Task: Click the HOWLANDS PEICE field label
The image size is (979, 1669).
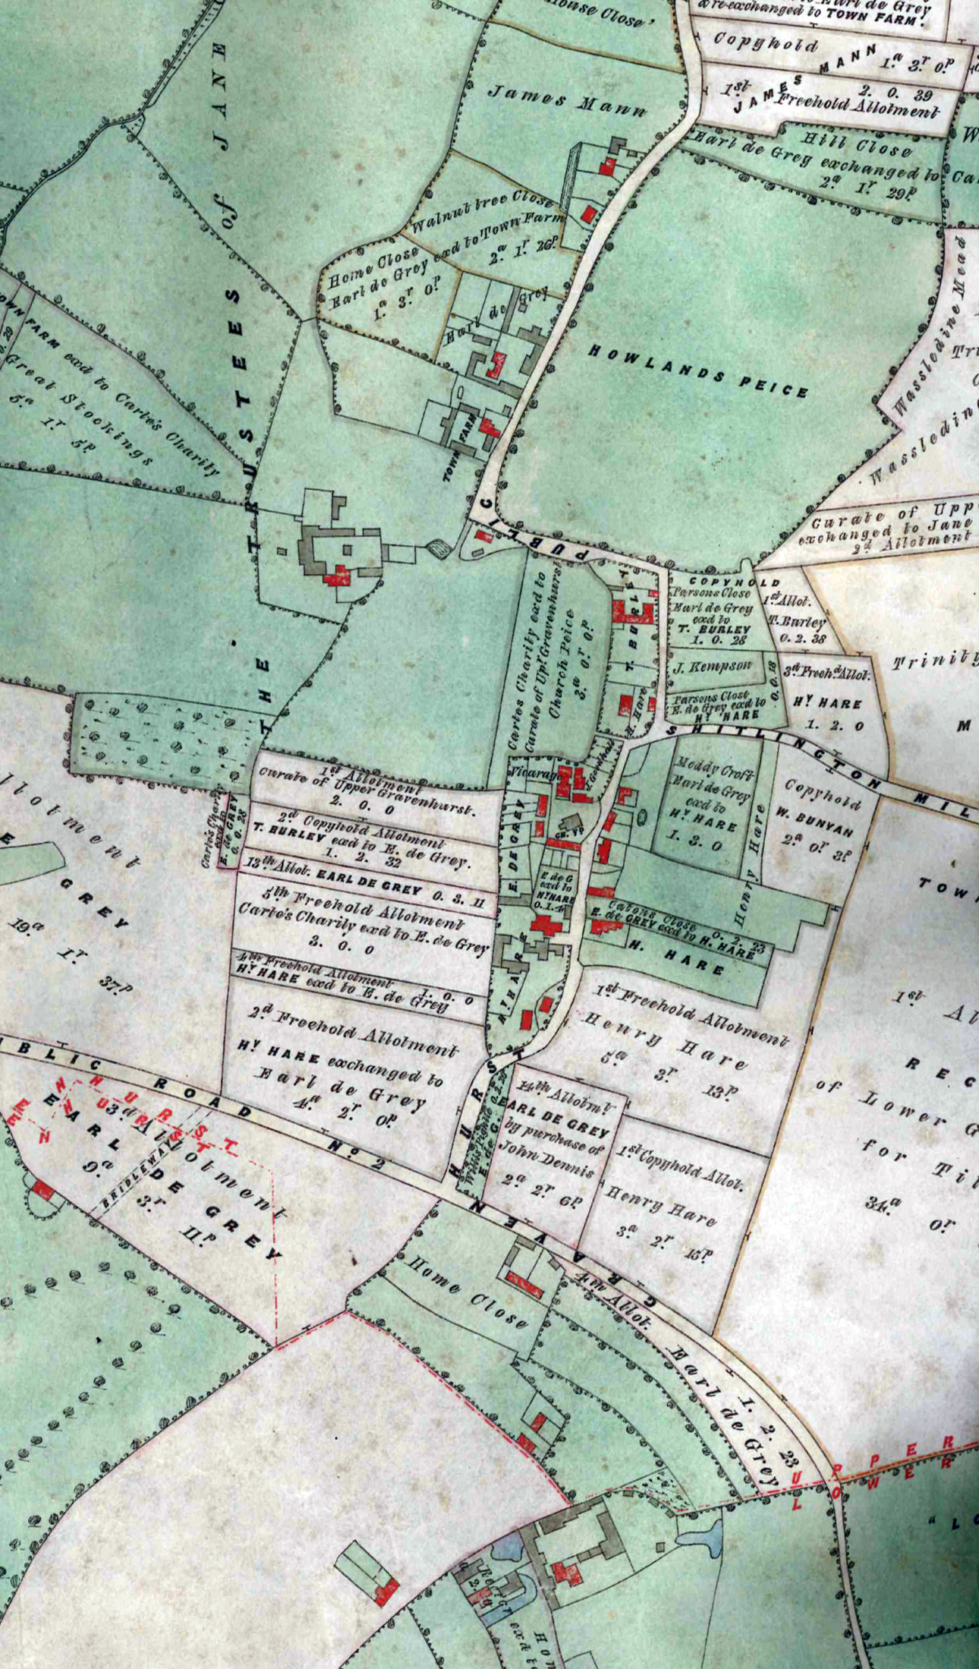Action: click(x=697, y=371)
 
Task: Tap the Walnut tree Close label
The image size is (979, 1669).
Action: click(x=481, y=211)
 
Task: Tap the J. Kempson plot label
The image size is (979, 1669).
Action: click(x=712, y=667)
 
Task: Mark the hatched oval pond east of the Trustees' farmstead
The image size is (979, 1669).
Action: click(x=438, y=547)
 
